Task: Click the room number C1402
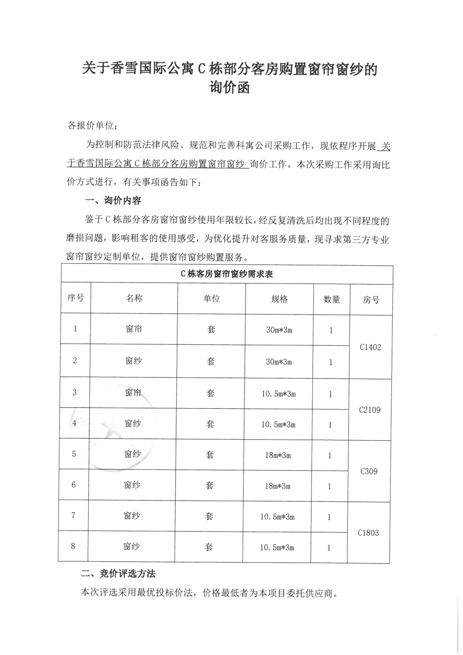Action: click(x=370, y=347)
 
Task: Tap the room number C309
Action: click(x=369, y=471)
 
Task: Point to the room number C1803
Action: click(x=368, y=533)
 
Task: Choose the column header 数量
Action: click(x=332, y=299)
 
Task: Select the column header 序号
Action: click(x=76, y=298)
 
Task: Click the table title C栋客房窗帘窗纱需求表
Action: click(x=227, y=274)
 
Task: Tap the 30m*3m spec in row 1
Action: click(x=279, y=330)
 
